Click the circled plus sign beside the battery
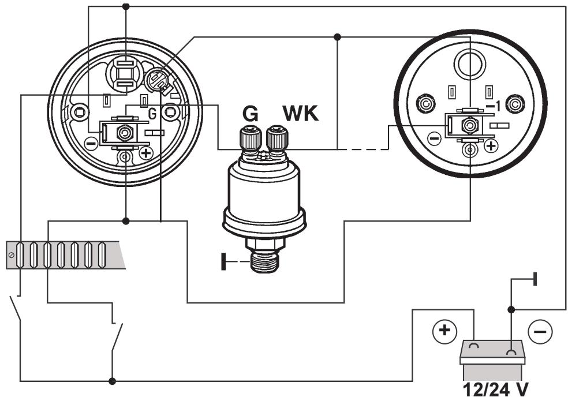(x=444, y=332)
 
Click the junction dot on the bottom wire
(x=113, y=381)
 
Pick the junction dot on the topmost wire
(x=126, y=6)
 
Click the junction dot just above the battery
(x=511, y=309)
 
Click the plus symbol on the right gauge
(x=490, y=146)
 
